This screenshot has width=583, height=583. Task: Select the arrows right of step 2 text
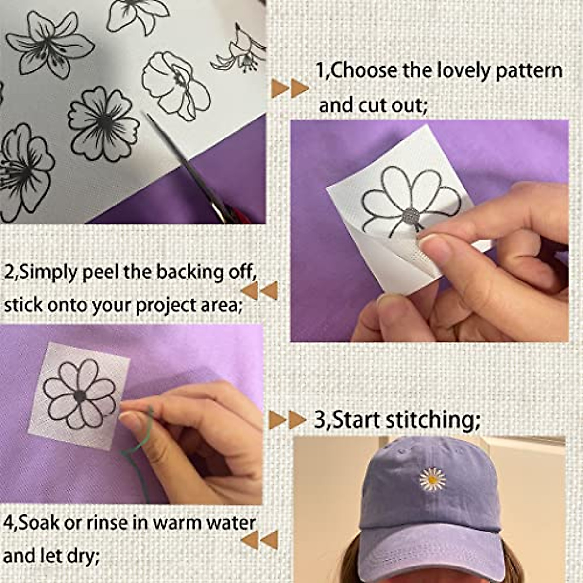point(260,291)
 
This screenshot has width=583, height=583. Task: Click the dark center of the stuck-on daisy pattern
point(80,396)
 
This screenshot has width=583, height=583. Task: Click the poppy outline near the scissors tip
point(175,85)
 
